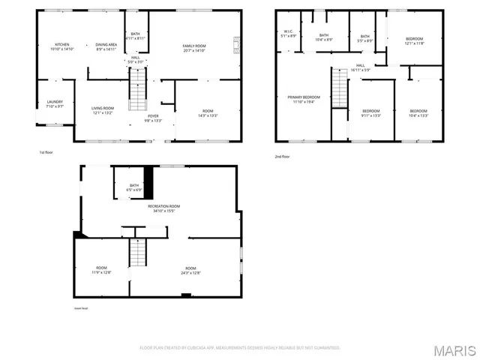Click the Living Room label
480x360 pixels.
pos(102,110)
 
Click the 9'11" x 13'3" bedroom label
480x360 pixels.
pos(370,113)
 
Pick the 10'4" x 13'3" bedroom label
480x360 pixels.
pos(418,113)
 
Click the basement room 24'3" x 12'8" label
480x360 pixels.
pos(191,270)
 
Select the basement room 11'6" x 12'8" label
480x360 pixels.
pos(101,270)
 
